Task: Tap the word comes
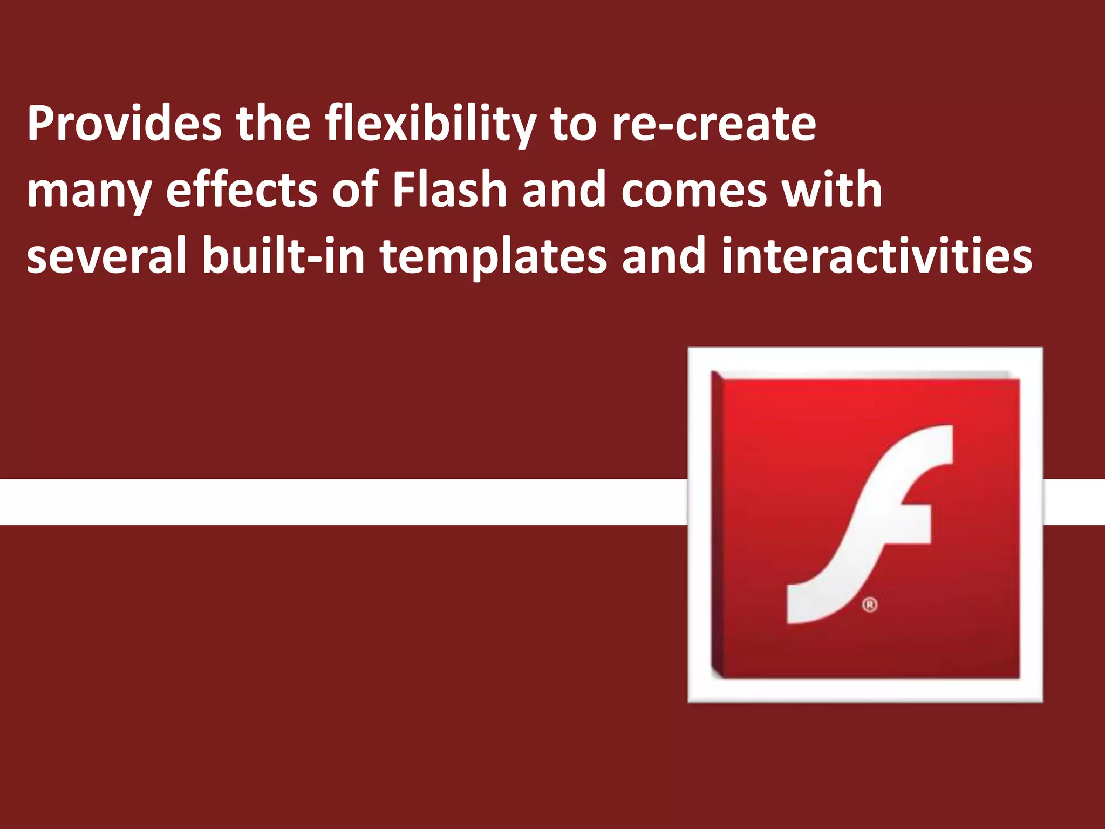[x=694, y=191]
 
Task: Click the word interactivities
[x=877, y=256]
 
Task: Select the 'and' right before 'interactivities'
[x=664, y=256]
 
